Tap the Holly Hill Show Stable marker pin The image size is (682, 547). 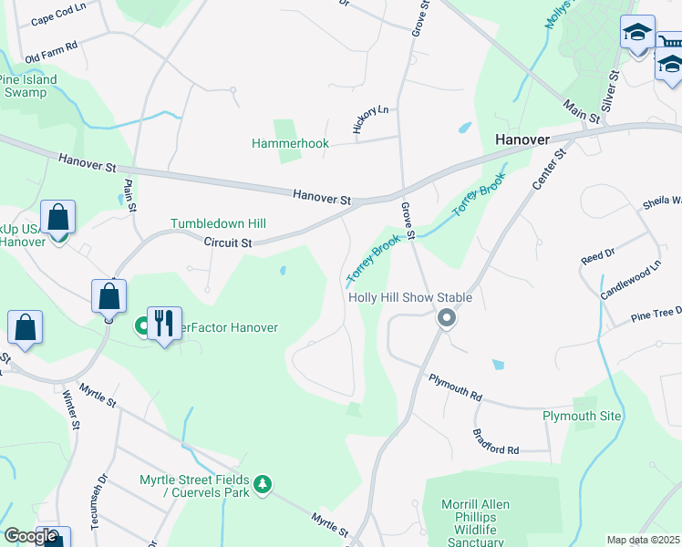coord(446,318)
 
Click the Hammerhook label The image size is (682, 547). coord(290,144)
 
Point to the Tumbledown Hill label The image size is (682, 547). coord(218,223)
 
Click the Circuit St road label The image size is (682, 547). coord(227,243)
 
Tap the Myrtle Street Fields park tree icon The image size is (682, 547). coord(263,482)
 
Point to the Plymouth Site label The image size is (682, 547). coord(582,416)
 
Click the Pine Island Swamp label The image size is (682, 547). coord(27,86)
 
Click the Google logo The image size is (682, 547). coord(30,536)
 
